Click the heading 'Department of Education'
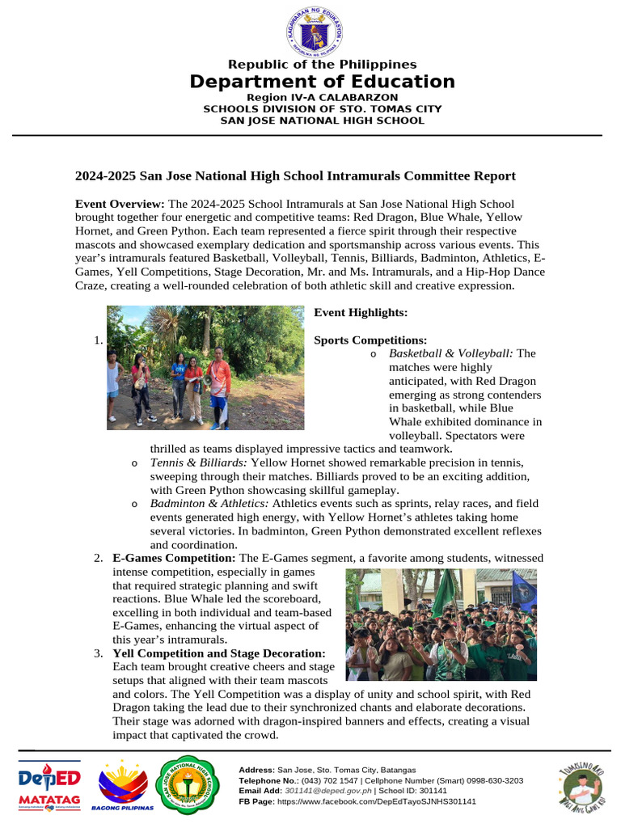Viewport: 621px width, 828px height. pos(322,82)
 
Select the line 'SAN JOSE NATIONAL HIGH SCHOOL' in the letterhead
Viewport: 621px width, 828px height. pos(322,120)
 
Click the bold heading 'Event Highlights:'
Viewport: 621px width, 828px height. pos(361,312)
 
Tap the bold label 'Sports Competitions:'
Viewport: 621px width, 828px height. pos(370,340)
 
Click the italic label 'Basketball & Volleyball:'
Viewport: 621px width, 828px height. pos(450,353)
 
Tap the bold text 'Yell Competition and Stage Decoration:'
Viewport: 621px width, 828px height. pos(219,653)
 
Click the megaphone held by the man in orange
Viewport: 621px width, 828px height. pos(207,378)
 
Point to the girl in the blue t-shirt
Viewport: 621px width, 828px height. pos(178,387)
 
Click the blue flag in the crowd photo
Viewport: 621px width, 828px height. pos(523,590)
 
